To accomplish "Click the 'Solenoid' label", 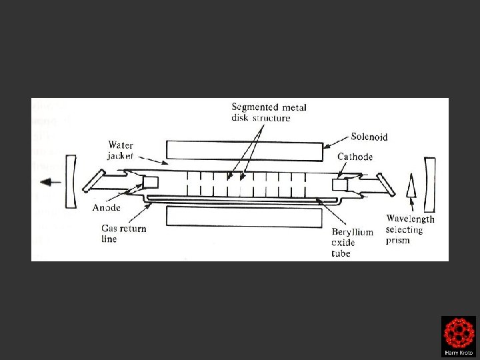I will click(x=369, y=137).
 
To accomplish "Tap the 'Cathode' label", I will click(x=355, y=157).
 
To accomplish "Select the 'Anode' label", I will click(x=107, y=207).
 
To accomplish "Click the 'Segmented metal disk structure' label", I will click(x=269, y=112).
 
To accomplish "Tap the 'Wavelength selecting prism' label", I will click(x=409, y=229).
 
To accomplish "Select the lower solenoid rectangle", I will click(x=245, y=217).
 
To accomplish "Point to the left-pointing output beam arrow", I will click(x=49, y=181).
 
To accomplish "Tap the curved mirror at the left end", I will click(x=72, y=181).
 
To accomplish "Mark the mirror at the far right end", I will click(x=430, y=181).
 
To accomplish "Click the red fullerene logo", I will click(x=458, y=331).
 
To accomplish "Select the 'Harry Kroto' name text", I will click(x=458, y=352).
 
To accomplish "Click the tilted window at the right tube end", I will click(x=387, y=184).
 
